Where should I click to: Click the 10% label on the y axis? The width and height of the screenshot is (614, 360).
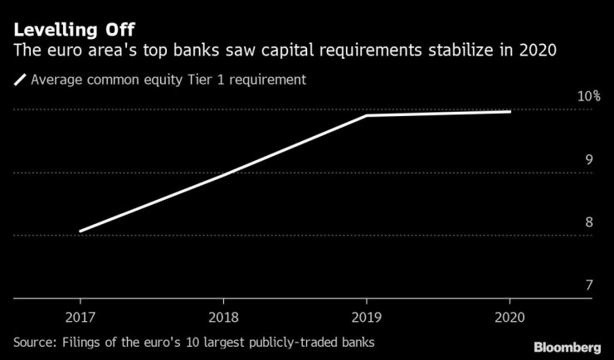pyautogui.click(x=588, y=96)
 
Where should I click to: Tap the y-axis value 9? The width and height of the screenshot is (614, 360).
pyautogui.click(x=588, y=159)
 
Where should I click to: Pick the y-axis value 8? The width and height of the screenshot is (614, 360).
pyautogui.click(x=588, y=222)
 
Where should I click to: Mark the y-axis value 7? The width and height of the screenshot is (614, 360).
pyautogui.click(x=588, y=285)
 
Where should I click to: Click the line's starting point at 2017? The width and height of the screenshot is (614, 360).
pyautogui.click(x=80, y=231)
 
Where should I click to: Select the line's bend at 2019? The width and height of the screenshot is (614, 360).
pyautogui.click(x=366, y=115)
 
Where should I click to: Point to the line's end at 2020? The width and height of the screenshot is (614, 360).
pyautogui.click(x=509, y=111)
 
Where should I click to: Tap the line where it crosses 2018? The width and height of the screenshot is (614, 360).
pyautogui.click(x=223, y=175)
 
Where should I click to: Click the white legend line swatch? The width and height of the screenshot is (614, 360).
pyautogui.click(x=20, y=80)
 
